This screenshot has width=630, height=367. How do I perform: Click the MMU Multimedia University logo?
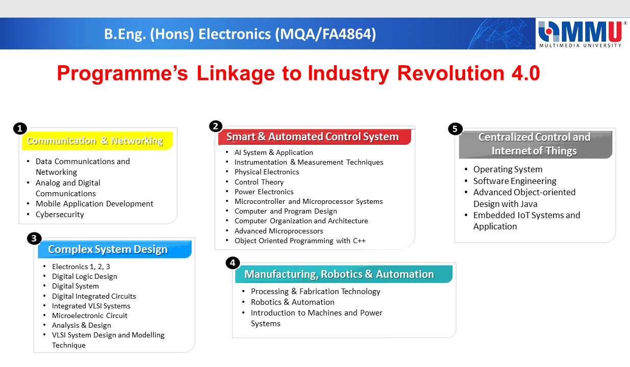click(582, 34)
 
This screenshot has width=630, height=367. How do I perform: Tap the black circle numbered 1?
click(20, 128)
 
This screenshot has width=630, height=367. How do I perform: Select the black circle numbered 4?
click(233, 263)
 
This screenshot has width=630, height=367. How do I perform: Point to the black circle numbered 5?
click(455, 129)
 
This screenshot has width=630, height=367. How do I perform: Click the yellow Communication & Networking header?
click(97, 141)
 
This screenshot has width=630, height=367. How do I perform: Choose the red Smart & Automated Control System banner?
click(315, 137)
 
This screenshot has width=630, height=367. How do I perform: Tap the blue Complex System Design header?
click(115, 249)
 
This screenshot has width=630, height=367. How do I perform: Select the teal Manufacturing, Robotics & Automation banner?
click(344, 274)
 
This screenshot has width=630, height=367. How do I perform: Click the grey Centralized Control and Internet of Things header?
click(536, 144)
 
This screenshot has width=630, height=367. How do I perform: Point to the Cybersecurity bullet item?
click(60, 215)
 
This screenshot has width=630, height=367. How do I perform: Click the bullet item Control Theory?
click(259, 182)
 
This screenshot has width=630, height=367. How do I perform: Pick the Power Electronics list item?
click(264, 192)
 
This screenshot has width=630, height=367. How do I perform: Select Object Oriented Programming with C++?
click(300, 241)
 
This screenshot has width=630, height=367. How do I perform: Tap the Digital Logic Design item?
click(84, 276)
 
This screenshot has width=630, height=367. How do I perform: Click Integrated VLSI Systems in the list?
click(91, 306)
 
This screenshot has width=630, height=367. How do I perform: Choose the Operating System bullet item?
click(508, 169)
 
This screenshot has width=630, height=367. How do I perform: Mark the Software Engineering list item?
click(515, 181)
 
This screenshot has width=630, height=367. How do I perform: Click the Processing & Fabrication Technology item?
click(315, 292)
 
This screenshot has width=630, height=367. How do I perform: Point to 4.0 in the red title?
click(525, 73)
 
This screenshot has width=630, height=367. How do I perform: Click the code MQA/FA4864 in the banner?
click(325, 34)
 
